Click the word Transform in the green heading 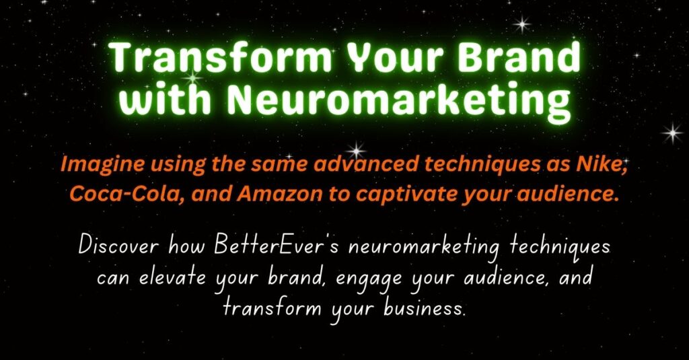pos(220,59)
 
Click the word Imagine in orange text pos(103,165)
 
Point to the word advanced pos(366,164)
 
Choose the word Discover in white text pos(118,246)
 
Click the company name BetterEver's pos(277,246)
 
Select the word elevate pos(172,278)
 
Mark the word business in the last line pos(424,308)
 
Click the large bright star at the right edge pos(672,133)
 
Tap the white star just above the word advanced pos(357,149)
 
